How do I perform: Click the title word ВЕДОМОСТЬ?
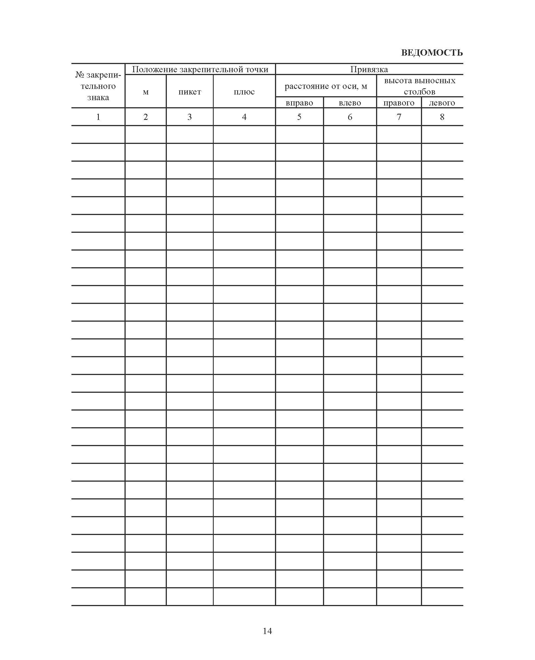pos(431,53)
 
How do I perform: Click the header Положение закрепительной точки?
pos(200,69)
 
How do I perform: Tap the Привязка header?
pos(369,69)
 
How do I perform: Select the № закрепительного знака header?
pos(98,86)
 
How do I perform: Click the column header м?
pos(145,92)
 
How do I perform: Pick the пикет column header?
pos(189,92)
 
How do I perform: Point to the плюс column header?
pos(244,92)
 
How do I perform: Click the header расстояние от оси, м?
pos(326,86)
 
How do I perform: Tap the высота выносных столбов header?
pos(420,86)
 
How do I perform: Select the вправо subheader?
pos(299,103)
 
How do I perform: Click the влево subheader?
pos(350,103)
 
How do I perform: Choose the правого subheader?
pos(399,103)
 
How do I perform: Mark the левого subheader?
pos(442,103)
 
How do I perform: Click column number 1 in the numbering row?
pos(98,117)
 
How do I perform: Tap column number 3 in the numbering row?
pos(189,117)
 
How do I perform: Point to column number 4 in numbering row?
pos(244,117)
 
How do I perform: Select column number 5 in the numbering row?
pos(299,117)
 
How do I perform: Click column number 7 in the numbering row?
pos(399,117)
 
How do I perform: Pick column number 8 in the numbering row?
pos(442,117)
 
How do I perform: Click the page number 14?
pos(267,631)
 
